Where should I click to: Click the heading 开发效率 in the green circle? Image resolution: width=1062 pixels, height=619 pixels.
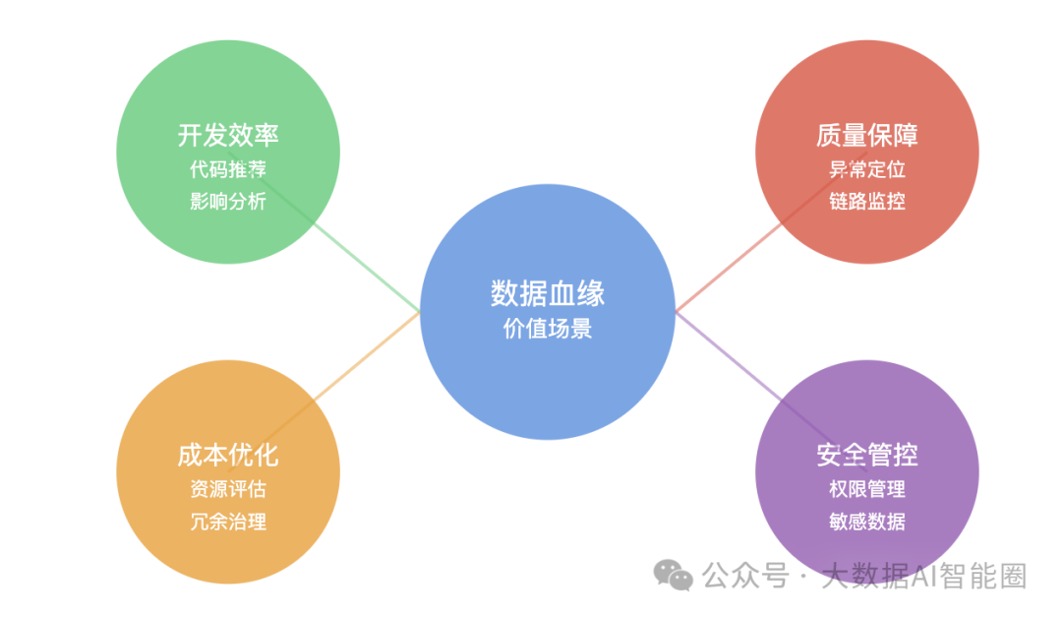pos(228,136)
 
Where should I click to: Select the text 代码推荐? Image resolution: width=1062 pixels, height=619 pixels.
pos(228,169)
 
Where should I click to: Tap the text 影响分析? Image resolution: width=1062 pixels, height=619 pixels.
pos(228,202)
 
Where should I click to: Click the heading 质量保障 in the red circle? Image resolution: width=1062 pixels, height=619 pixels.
pos(867,136)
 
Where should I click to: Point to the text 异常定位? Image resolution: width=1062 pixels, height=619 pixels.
pos(867,169)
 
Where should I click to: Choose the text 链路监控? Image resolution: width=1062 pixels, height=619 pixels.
pos(867,202)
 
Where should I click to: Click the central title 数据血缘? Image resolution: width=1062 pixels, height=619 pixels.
pos(548,293)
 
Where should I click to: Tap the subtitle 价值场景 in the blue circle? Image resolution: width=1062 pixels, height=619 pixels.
pos(548,329)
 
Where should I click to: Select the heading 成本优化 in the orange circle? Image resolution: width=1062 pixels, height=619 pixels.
pos(228,456)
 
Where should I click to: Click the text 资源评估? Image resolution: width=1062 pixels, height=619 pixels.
pos(228,489)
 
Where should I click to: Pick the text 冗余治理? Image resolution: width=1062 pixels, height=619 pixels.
pos(228,522)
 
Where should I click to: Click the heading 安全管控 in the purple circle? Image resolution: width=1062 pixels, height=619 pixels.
pos(867,455)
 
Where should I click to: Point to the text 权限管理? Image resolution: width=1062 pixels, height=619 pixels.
pos(867,489)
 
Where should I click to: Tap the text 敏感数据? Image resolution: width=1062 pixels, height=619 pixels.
pos(867,522)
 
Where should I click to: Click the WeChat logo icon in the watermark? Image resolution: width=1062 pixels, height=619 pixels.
pos(673,575)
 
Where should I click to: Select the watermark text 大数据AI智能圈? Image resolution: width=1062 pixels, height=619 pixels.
pos(923,576)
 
